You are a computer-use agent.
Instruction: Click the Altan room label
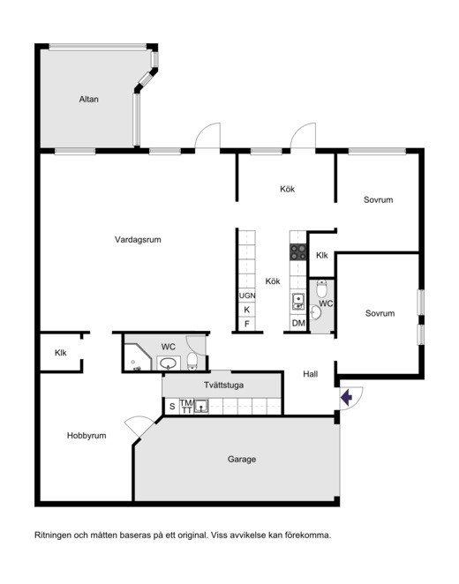(88, 100)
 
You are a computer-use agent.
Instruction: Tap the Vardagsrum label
(138, 239)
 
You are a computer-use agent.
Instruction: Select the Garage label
(242, 460)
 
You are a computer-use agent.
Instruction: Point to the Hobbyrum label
(87, 436)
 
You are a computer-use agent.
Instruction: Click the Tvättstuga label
(223, 385)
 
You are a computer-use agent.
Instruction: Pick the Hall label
(311, 374)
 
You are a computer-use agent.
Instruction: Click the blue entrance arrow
(347, 397)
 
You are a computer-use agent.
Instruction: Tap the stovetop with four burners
(298, 251)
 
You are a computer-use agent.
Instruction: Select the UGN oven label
(247, 296)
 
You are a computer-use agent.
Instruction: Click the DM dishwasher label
(298, 323)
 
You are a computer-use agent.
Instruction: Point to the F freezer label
(246, 324)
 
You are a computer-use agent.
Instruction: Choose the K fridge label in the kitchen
(246, 310)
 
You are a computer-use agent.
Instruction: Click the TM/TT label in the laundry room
(186, 407)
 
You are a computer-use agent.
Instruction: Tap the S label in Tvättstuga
(172, 407)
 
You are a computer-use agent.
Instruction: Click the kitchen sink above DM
(298, 302)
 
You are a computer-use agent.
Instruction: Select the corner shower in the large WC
(137, 357)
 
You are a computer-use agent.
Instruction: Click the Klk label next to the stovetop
(322, 255)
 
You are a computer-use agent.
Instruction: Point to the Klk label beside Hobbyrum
(60, 352)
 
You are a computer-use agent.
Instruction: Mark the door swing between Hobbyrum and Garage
(138, 426)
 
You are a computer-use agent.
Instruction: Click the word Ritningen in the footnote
(53, 535)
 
